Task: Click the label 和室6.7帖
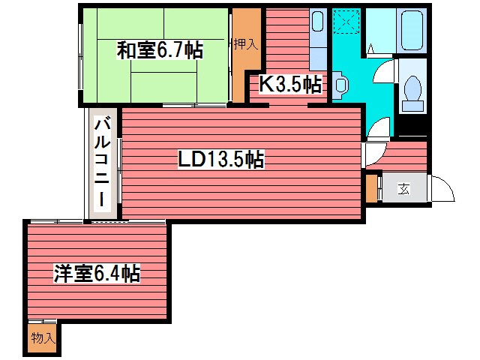(159, 50)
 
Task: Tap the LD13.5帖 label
(220, 159)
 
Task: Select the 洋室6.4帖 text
(96, 273)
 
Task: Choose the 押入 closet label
(244, 44)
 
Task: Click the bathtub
(411, 30)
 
